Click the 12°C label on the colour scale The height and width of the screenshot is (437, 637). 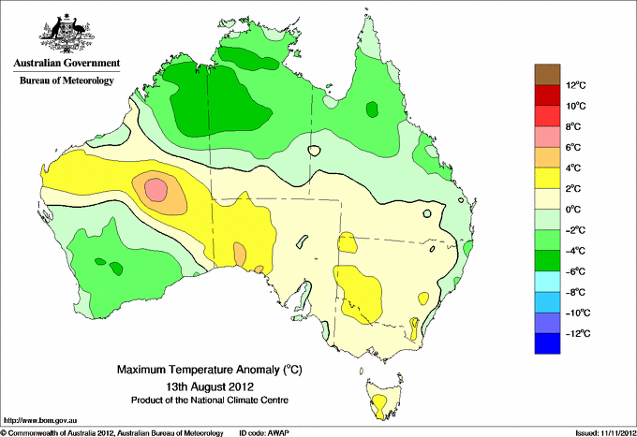tap(576, 85)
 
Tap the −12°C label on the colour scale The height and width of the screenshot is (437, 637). tap(575, 333)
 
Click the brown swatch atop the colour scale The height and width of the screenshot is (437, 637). tap(548, 74)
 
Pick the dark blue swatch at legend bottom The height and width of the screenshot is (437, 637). tap(548, 343)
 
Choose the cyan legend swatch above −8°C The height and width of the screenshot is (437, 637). tap(548, 281)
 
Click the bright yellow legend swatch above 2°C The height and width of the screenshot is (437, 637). tap(548, 178)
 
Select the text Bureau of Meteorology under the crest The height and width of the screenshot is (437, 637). tap(66, 80)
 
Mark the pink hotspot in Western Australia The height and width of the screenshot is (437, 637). tap(156, 191)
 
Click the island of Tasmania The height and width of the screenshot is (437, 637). tap(379, 399)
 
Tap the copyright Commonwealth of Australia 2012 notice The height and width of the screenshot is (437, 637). tap(112, 432)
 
